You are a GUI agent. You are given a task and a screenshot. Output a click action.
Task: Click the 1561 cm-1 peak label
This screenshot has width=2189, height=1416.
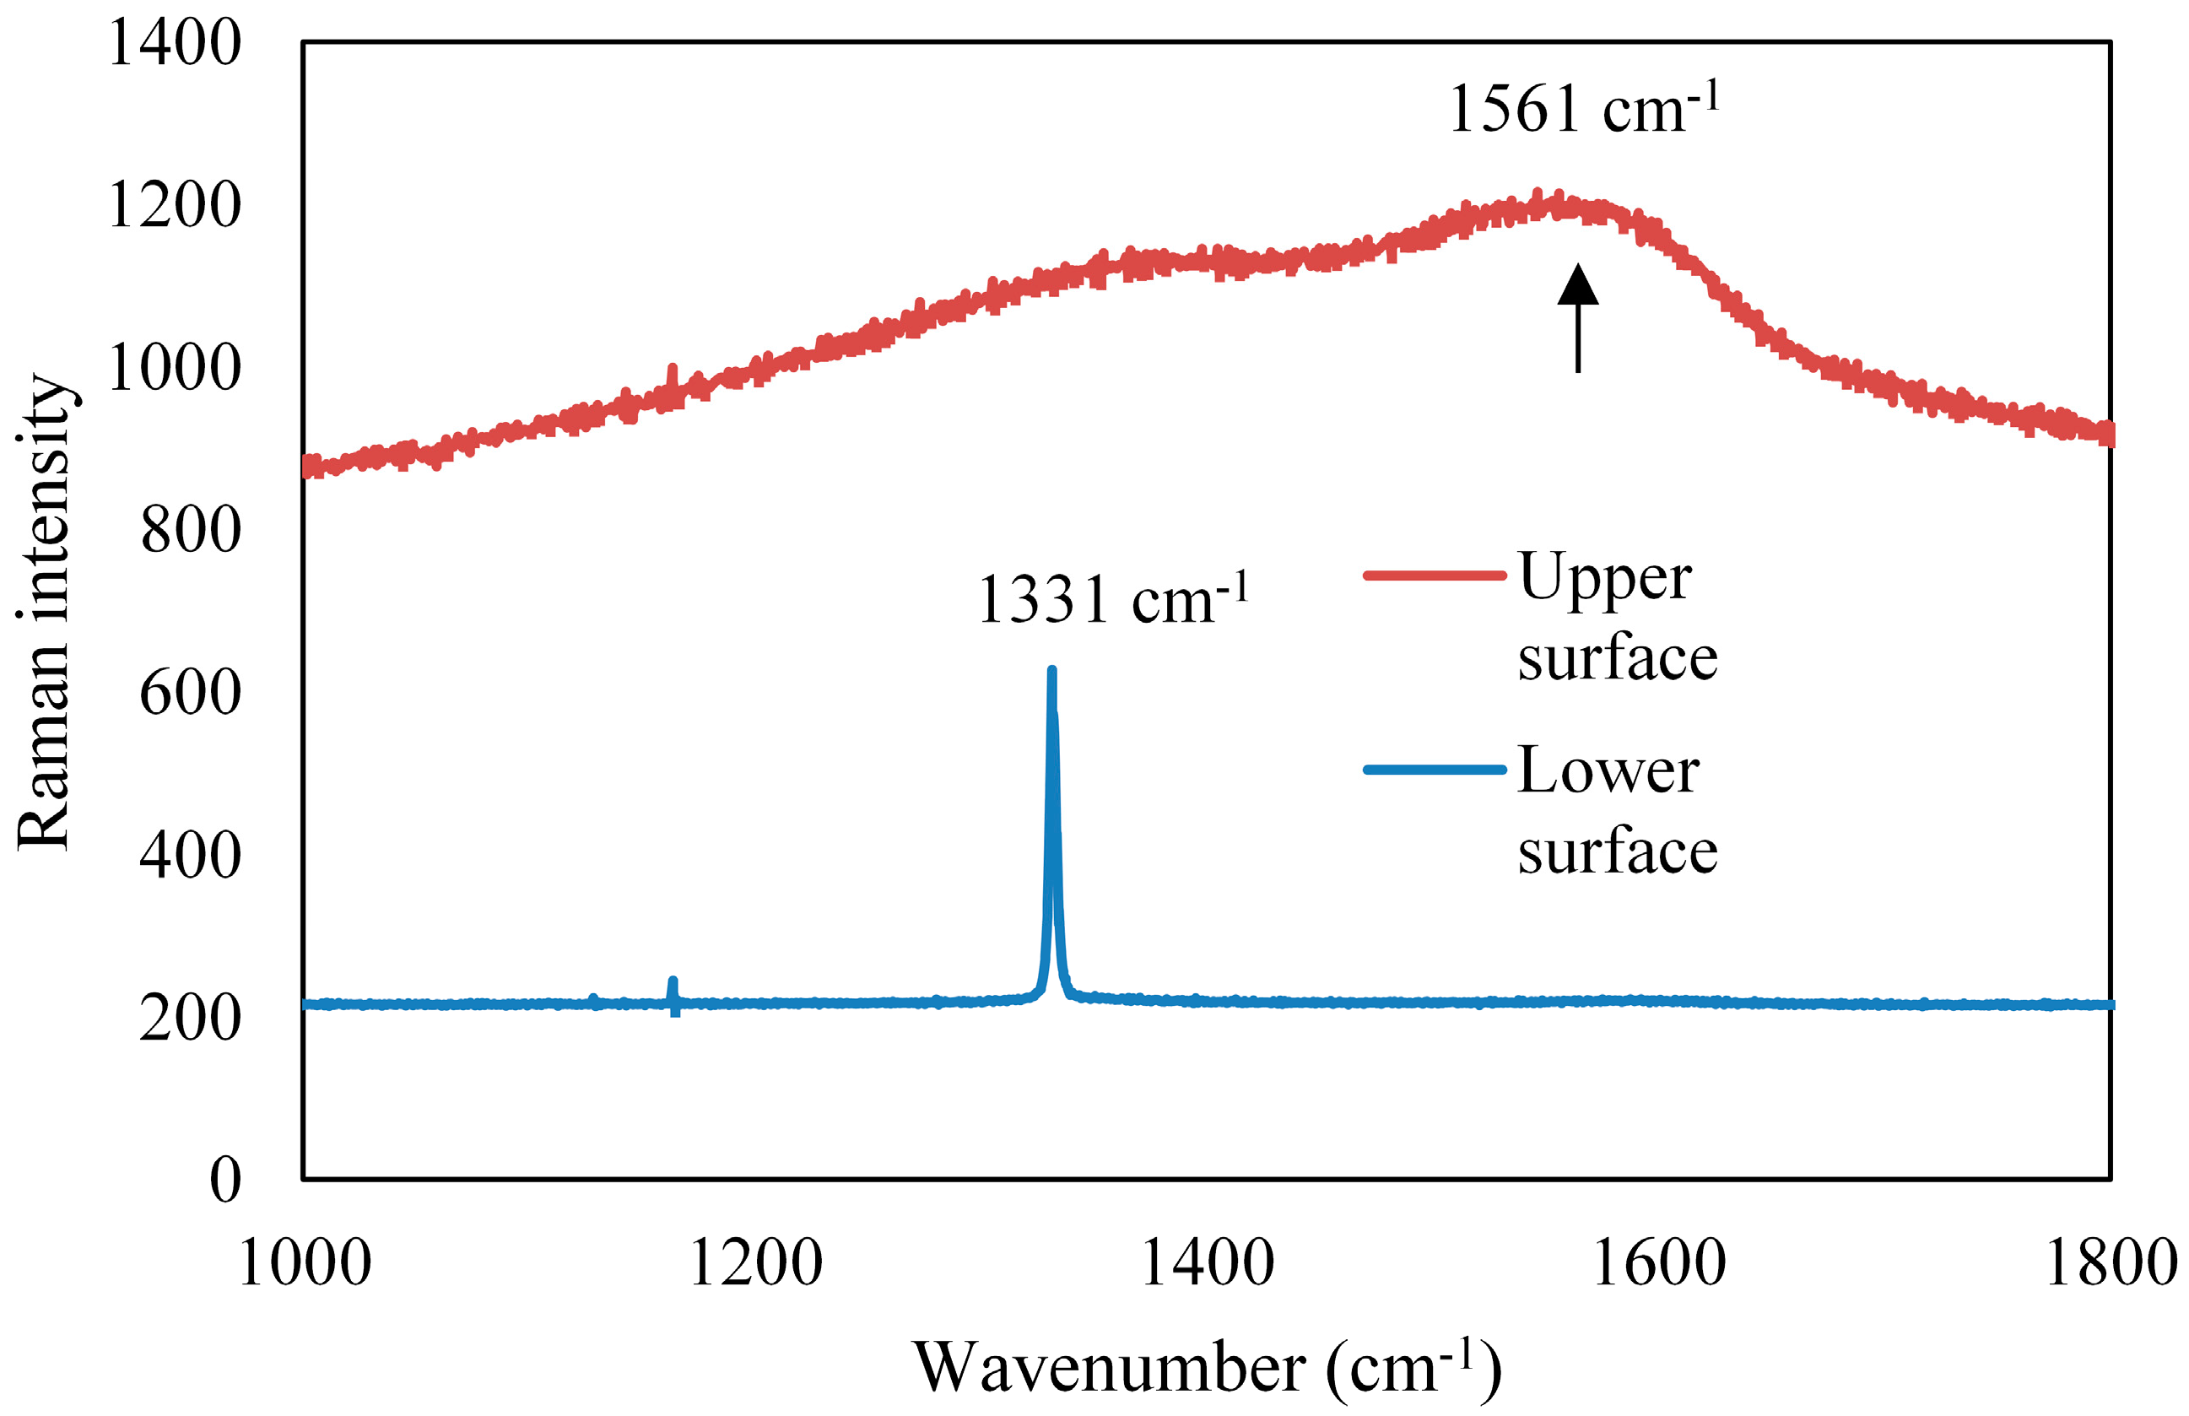click(x=1582, y=110)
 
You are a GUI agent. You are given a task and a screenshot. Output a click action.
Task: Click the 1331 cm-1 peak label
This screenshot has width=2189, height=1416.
click(x=1111, y=599)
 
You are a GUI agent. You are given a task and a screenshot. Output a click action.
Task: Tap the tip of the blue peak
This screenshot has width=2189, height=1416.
click(x=1051, y=671)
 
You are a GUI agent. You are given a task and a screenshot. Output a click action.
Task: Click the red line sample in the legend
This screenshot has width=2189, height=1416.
click(x=1435, y=576)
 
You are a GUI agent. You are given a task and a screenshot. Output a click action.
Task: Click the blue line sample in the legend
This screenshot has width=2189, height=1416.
click(x=1435, y=770)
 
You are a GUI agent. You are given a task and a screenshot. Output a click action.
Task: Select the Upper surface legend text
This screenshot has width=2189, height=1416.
click(x=1615, y=616)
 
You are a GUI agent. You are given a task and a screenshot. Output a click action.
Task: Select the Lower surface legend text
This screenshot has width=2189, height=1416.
click(x=1615, y=810)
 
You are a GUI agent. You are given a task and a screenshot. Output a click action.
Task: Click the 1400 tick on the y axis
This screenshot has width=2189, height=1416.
click(x=175, y=42)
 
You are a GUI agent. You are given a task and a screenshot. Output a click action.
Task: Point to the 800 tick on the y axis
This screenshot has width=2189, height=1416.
click(x=191, y=530)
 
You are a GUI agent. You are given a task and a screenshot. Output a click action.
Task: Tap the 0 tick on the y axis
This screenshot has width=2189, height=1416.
click(x=225, y=1180)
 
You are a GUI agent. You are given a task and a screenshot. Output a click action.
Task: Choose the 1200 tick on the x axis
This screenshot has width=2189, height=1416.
click(x=754, y=1263)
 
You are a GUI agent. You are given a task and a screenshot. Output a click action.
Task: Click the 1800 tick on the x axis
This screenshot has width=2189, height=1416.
click(x=2110, y=1263)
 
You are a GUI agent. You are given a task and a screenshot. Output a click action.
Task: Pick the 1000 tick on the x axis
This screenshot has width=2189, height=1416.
click(x=305, y=1263)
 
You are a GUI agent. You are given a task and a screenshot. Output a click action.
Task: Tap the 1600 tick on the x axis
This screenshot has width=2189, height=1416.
click(x=1658, y=1263)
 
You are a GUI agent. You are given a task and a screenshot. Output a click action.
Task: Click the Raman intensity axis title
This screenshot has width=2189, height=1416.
click(x=43, y=612)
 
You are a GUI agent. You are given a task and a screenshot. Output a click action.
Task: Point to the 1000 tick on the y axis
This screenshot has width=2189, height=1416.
click(x=175, y=368)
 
